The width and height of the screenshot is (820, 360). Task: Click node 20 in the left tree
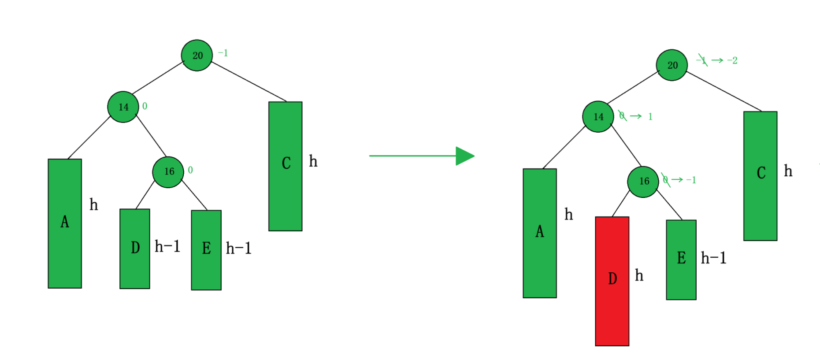[x=197, y=55]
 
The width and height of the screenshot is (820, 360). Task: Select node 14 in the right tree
[x=598, y=117]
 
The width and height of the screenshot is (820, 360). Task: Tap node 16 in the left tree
[x=168, y=172]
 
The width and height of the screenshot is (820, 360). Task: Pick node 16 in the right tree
[x=643, y=182]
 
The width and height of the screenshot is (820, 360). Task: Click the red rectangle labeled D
[x=612, y=281]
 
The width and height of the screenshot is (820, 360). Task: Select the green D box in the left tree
[x=135, y=249]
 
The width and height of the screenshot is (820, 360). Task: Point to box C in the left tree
[x=286, y=166]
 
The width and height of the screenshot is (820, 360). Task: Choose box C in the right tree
[x=760, y=176]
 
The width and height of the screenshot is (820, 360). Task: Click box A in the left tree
[x=65, y=223]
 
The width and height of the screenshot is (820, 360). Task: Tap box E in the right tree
[x=681, y=260]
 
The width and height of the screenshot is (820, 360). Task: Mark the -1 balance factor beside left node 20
[x=223, y=53]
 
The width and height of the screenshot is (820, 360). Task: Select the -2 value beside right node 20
[x=732, y=60]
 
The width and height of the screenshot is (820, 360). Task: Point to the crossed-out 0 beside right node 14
[x=622, y=116]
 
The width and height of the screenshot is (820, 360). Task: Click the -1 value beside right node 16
[x=691, y=180]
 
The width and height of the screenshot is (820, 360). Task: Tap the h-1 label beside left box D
[x=167, y=246]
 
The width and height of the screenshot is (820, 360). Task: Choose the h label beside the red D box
[x=639, y=276]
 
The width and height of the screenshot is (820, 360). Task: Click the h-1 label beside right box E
[x=713, y=258]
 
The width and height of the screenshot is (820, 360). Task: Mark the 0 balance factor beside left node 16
[x=190, y=170]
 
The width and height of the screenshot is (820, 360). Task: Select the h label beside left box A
[x=93, y=204]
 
